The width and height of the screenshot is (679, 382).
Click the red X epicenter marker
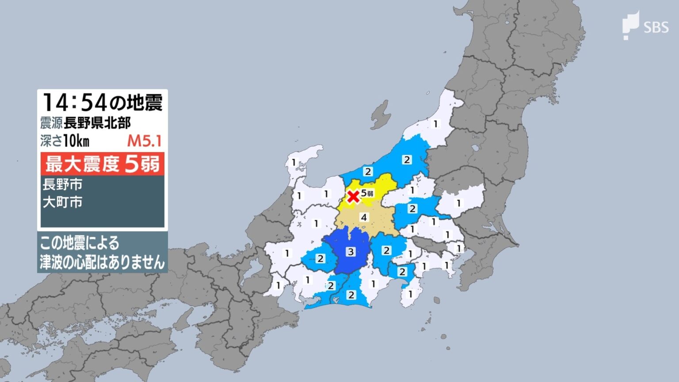(353, 196)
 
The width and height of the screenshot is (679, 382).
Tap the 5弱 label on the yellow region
(367, 193)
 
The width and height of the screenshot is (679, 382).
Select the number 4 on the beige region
(364, 218)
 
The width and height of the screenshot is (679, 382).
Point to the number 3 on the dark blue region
(351, 252)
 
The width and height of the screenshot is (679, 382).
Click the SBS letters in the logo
(656, 28)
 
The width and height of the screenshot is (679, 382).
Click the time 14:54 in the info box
(74, 103)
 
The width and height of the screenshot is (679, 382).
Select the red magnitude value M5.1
(144, 141)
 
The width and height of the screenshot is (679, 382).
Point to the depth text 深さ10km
(65, 141)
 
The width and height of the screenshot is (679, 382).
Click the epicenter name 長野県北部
(97, 123)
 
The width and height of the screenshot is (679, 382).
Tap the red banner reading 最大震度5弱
(102, 164)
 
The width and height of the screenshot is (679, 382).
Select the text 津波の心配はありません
(102, 263)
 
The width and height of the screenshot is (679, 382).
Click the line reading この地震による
(80, 243)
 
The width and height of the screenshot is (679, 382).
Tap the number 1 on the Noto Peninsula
(294, 163)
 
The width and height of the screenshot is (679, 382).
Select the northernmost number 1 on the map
(435, 124)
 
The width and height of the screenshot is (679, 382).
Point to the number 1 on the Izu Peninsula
(410, 294)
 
